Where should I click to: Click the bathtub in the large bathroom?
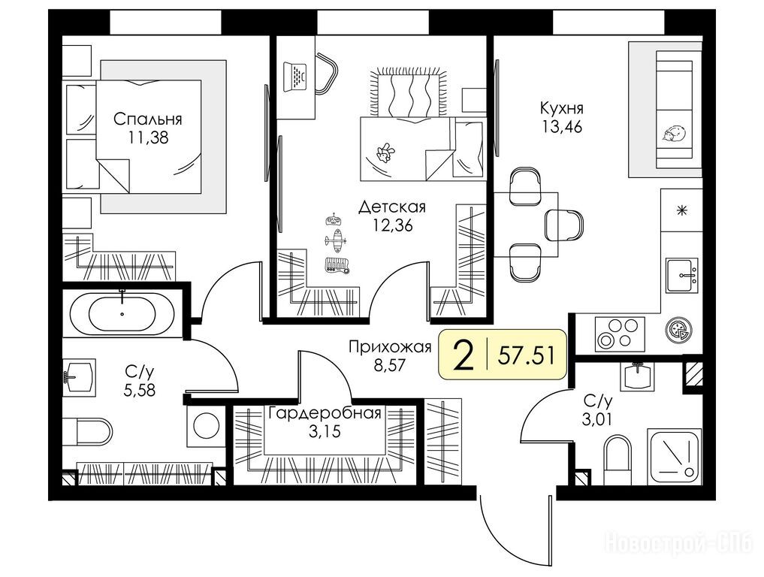122,313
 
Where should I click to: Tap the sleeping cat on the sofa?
675,134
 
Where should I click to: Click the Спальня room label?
148,119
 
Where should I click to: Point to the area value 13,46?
562,127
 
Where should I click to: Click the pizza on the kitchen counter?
678,329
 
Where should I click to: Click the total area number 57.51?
526,356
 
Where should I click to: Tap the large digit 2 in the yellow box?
464,355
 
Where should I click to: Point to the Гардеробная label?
325,414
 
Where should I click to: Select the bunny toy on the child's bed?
385,153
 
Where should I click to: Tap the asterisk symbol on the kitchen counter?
682,210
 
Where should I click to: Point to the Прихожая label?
391,347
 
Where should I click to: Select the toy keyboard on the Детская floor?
337,264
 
